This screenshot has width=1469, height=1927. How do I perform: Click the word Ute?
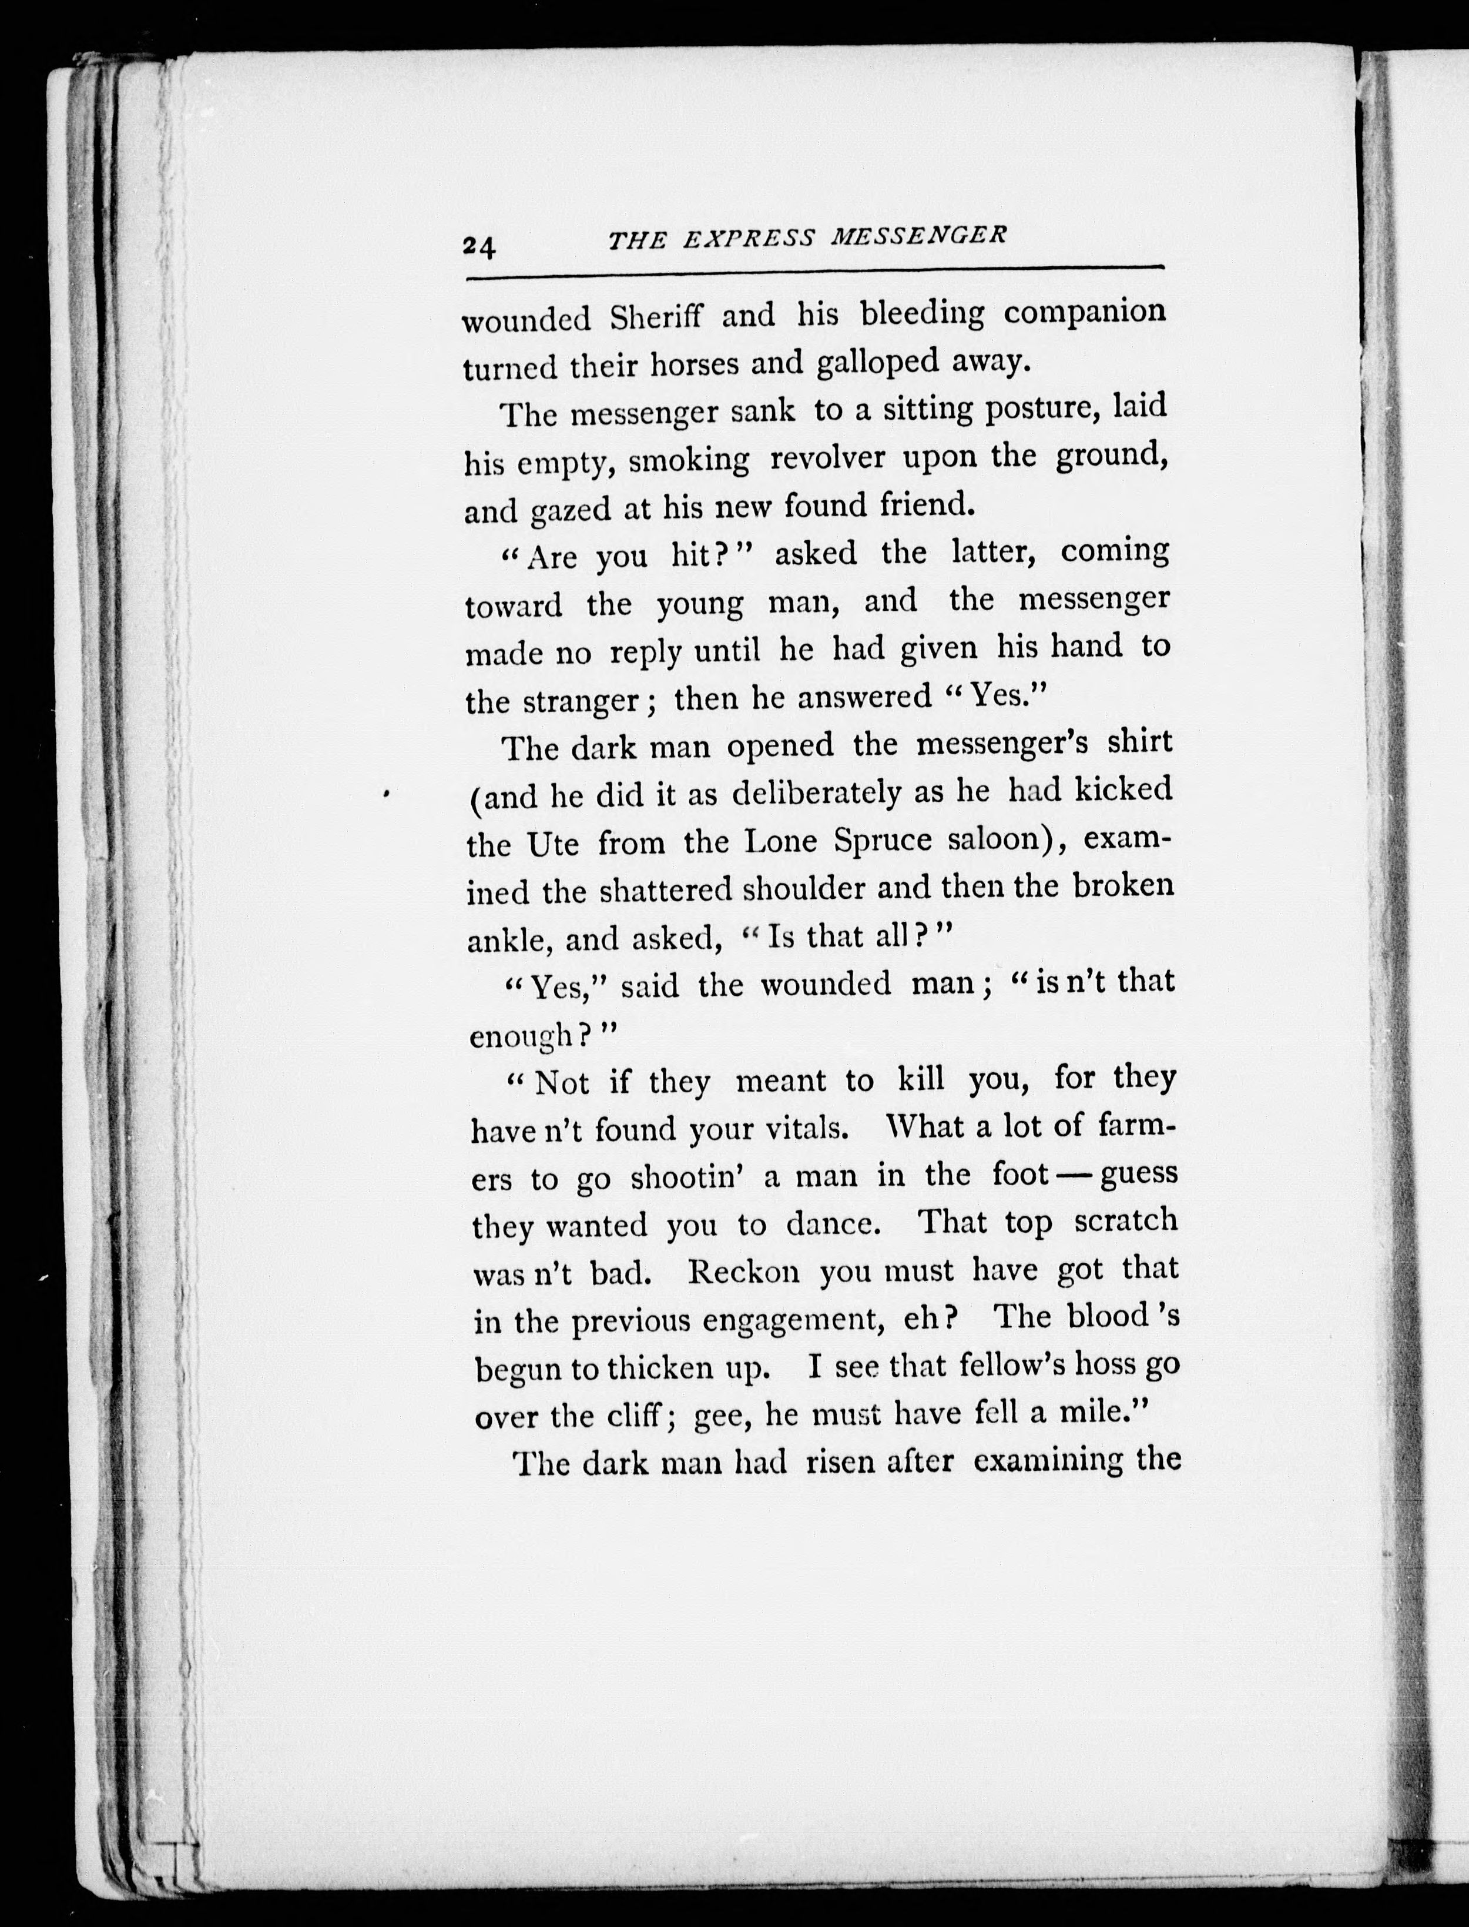(552, 845)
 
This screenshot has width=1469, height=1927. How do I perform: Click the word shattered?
(666, 891)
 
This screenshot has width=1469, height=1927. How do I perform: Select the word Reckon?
(743, 1273)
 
